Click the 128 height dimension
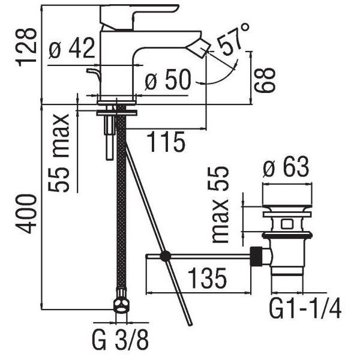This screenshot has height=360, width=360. coord(26,47)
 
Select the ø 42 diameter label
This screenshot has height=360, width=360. coord(72,48)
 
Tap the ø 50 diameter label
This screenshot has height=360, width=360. coord(168,79)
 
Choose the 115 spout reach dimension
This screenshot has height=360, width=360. coord(166,142)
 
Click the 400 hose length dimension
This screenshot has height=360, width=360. coord(26,214)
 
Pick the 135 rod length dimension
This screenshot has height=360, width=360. coord(208,278)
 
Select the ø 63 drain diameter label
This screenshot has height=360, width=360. coord(286,167)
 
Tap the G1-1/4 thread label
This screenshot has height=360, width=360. coord(305,308)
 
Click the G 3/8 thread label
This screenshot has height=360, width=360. coord(121,340)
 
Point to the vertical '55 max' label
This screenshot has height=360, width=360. coord(59,152)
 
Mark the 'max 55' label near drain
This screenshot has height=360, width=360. coord(218,205)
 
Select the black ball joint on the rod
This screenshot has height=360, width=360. coord(166,256)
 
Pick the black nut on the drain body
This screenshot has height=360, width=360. coord(256,256)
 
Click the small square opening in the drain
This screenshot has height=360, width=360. coord(287,224)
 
